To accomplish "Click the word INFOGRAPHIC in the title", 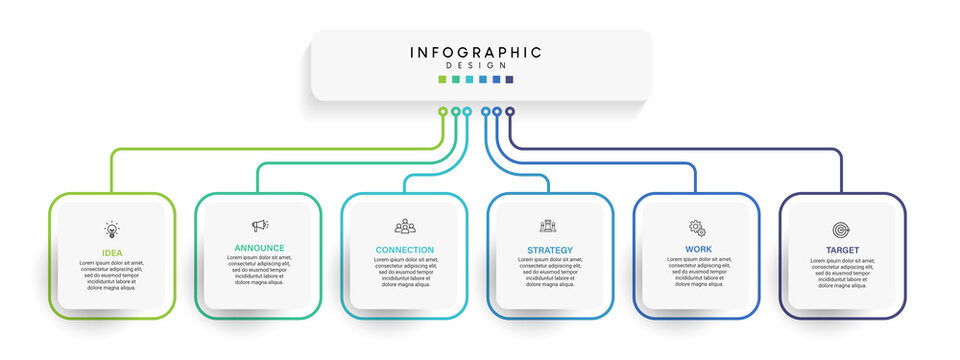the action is point(476,52).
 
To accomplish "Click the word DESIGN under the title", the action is point(476,66).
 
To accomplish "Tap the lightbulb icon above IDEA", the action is point(112,229).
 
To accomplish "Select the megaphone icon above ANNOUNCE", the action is point(259,226).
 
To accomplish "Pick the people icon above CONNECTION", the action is point(405,227).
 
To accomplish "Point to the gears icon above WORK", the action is point(697,228).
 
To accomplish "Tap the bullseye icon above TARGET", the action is point(842,229).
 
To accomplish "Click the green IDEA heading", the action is point(112,253).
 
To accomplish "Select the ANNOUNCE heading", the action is point(259,248).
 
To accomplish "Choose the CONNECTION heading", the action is point(405,250).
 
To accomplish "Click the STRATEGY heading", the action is point(550,250).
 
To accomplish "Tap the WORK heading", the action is point(698,249).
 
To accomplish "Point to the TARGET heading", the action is point(842,250).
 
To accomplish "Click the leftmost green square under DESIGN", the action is point(443,79).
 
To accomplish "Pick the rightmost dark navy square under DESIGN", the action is point(510,79).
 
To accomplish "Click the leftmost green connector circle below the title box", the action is point(443,112).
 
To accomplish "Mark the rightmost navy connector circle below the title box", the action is point(510,112).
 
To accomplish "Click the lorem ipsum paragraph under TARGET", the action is point(842,272).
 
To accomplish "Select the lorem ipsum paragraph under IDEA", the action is point(112,275).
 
